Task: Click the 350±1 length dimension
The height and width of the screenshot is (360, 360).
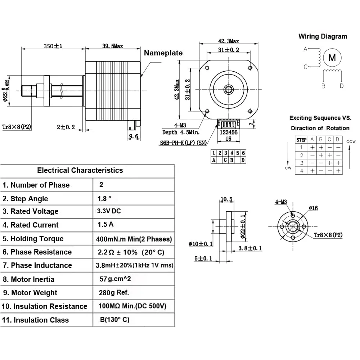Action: [x=53, y=46]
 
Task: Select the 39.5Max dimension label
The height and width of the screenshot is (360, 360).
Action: [x=112, y=46]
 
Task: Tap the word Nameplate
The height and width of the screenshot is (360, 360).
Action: [x=163, y=53]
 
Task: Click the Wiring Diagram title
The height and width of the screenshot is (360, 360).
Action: [x=323, y=36]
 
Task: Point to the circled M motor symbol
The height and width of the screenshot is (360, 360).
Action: [x=332, y=58]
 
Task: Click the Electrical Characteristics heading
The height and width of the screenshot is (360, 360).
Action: [x=80, y=170]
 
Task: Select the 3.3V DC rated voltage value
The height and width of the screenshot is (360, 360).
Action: [x=109, y=211]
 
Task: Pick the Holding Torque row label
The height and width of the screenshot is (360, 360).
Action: [x=33, y=239]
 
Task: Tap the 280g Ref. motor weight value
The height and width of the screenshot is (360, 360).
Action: [x=114, y=292]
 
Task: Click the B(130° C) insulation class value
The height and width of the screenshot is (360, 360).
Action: [x=115, y=320]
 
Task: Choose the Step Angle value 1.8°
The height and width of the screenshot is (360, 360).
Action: [x=104, y=198]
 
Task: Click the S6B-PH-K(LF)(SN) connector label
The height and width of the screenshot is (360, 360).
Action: [x=183, y=143]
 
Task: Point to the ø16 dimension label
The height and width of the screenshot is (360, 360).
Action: [x=313, y=208]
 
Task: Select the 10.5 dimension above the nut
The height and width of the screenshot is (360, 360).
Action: [x=226, y=199]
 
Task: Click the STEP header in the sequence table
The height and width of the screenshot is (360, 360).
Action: [x=301, y=140]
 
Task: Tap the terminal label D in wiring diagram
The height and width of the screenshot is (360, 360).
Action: [x=341, y=86]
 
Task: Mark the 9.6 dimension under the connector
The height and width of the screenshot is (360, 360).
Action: [x=133, y=136]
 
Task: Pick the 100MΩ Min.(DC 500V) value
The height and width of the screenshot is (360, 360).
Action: [x=132, y=306]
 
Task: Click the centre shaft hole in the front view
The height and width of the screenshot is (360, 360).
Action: [x=228, y=89]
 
